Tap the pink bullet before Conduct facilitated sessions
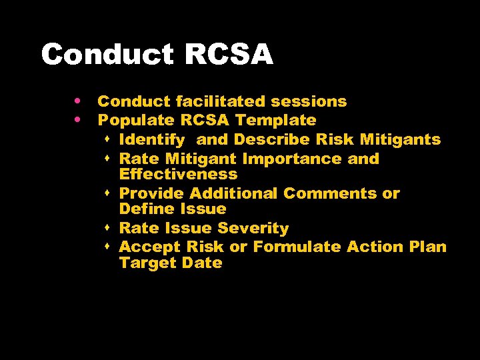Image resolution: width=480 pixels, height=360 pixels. (79, 101)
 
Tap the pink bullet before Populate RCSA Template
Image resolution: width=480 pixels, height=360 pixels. (79, 120)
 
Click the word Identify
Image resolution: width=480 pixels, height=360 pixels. (151, 140)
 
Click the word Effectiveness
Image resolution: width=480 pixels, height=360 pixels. (178, 175)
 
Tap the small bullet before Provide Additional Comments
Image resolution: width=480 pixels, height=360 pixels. (108, 193)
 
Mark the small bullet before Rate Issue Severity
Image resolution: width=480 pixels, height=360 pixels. (108, 228)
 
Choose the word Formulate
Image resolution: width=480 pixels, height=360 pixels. (297, 247)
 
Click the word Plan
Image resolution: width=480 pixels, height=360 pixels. (427, 247)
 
